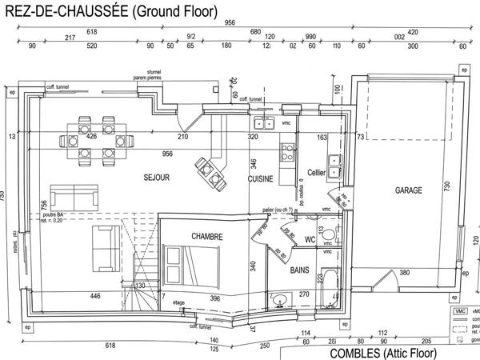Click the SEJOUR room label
[x=156, y=178]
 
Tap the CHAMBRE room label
[x=206, y=237]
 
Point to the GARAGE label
[x=409, y=191]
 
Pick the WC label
[x=310, y=239]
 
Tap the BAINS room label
[x=300, y=270]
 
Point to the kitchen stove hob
[x=286, y=150]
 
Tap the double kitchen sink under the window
[x=263, y=123]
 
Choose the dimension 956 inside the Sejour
[x=167, y=153]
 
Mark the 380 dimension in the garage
[x=405, y=273]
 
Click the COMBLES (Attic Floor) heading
[x=383, y=353]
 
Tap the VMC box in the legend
[x=459, y=311]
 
